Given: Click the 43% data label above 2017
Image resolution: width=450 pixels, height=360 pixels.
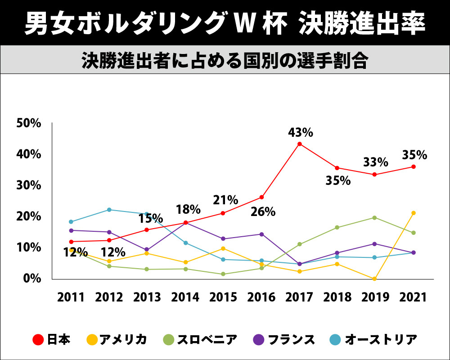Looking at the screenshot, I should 301,133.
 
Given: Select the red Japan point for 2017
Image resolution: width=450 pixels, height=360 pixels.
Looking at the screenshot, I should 300,144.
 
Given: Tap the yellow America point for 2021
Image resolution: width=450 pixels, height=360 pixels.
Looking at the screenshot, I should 414,213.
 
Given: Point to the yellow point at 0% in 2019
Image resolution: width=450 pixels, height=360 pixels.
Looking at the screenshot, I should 375,279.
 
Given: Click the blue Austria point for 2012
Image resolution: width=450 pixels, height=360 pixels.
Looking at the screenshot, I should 109,210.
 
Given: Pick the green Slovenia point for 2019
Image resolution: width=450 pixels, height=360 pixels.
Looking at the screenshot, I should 375,218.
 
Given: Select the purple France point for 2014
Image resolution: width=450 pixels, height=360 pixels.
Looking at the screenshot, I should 185,223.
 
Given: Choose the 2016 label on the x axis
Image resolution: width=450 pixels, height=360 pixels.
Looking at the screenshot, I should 261,297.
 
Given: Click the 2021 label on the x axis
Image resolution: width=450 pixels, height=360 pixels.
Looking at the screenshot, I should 414,297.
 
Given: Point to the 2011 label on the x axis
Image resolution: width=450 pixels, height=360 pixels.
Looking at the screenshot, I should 71,297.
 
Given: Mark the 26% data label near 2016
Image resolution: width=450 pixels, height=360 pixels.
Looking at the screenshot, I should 263,211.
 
